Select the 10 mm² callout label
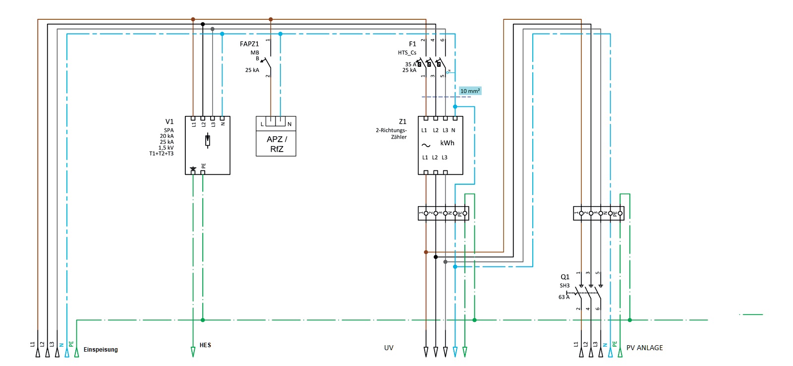(470, 91)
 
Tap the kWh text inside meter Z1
(447, 143)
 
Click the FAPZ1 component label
(249, 44)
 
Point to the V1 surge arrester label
(170, 121)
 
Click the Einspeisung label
(101, 350)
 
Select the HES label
(205, 345)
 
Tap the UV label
(389, 348)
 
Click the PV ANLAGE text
(644, 348)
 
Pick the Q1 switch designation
(565, 277)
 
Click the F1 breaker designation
(412, 44)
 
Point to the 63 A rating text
(564, 297)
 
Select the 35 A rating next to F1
(410, 64)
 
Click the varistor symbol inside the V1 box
(208, 141)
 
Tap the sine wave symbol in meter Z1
(426, 146)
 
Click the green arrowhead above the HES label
(193, 352)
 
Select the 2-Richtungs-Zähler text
(391, 134)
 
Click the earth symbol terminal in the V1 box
(193, 170)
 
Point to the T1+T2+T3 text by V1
(161, 154)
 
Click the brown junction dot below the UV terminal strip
(426, 252)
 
